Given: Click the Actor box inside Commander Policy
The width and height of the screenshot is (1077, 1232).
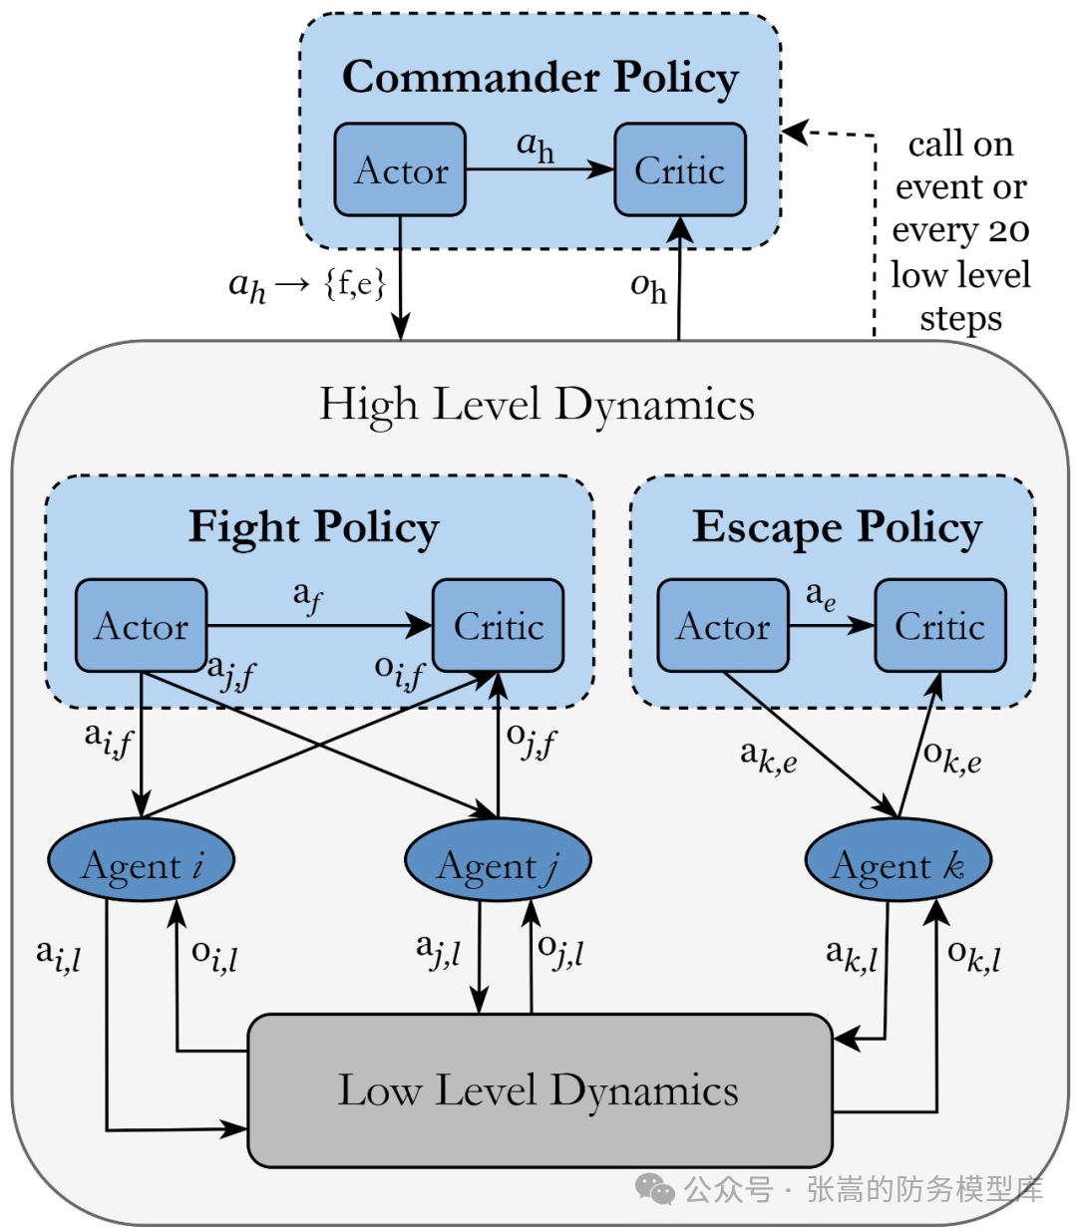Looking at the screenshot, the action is click(x=400, y=169).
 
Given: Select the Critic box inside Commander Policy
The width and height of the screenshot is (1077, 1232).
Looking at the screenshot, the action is click(x=680, y=169).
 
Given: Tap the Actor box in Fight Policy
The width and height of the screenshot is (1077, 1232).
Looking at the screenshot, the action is click(x=141, y=625).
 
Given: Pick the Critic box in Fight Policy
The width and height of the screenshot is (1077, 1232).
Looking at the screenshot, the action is click(x=499, y=625).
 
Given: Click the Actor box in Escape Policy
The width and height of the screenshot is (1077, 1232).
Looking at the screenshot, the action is click(x=723, y=625).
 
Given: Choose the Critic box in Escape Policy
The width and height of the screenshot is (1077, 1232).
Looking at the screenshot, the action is click(x=940, y=625).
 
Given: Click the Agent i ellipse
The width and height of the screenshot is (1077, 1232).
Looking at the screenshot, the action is click(x=141, y=859).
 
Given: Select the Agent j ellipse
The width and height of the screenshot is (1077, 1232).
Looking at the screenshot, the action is click(x=498, y=859).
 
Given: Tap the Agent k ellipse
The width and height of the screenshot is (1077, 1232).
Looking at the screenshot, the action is click(x=898, y=859).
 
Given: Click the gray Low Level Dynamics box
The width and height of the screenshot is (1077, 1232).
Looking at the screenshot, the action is click(x=540, y=1090).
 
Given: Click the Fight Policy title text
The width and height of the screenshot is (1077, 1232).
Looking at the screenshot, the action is click(x=314, y=528).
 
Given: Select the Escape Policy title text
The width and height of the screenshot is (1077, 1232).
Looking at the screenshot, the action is click(x=837, y=528).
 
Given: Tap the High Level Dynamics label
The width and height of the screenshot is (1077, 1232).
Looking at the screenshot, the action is click(x=537, y=405).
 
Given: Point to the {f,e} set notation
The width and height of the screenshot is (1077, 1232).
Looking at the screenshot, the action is click(x=355, y=284).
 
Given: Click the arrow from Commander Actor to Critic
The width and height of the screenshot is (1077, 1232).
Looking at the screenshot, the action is click(x=539, y=169).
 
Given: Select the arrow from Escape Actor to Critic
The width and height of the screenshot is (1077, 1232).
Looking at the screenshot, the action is click(x=832, y=626).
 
